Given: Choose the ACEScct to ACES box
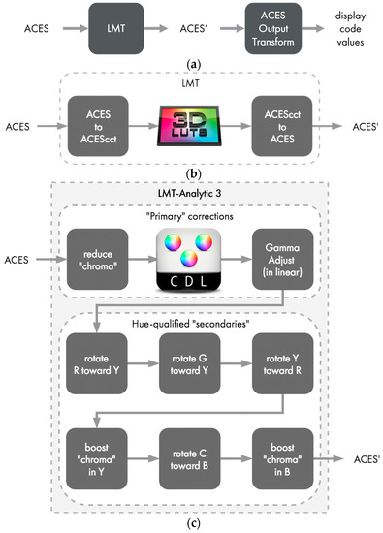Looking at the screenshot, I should [x=281, y=125].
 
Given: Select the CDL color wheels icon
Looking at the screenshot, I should [x=190, y=260].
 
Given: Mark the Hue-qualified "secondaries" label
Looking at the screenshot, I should [x=190, y=321].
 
